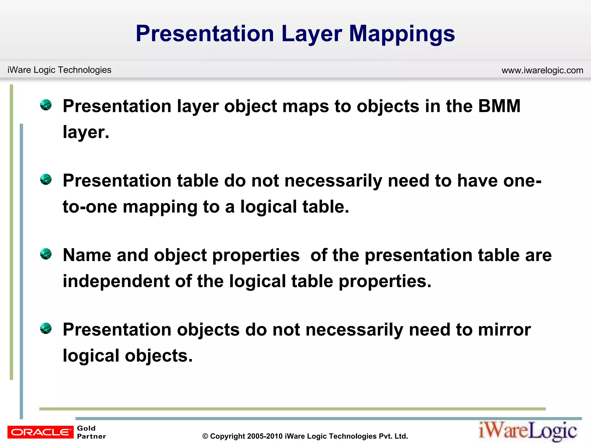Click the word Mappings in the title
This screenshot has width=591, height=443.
coord(402,34)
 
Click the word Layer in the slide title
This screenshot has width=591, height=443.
coord(312,34)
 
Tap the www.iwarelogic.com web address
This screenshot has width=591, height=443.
coord(542,70)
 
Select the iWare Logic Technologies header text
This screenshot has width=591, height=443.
coord(59,70)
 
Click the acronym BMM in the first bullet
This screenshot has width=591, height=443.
coord(499,106)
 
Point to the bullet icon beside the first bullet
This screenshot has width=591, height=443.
coord(46,105)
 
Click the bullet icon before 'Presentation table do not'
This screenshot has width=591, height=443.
coord(46,179)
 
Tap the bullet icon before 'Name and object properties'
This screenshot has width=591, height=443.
coord(46,254)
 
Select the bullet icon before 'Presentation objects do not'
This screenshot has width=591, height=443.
coord(46,328)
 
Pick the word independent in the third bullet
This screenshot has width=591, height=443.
coord(116,281)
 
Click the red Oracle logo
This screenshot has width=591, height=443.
coord(40,432)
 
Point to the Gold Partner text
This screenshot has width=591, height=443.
coord(91,432)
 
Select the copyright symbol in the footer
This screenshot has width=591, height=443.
coord(205,436)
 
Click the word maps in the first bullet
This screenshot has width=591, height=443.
coord(305,106)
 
